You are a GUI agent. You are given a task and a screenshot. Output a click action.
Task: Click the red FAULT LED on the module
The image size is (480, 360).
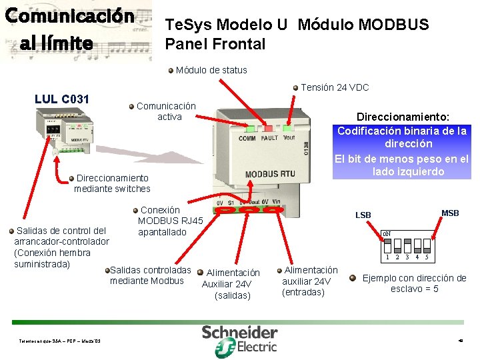pos(269,128)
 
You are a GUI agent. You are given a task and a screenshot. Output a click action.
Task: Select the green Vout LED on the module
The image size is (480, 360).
pos(288,127)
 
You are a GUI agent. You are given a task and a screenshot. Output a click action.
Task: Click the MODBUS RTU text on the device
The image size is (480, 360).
pos(271,174)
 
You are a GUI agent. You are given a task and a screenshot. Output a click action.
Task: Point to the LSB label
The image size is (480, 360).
pos(363,215)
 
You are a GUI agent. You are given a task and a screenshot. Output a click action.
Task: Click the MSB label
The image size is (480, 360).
pos(450,213)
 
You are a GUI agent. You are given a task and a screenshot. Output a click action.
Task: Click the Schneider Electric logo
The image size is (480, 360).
pos(240,339)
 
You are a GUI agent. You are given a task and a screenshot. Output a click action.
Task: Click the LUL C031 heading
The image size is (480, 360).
pos(62,100)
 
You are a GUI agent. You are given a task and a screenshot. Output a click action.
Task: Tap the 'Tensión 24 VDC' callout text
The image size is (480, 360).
pos(335,87)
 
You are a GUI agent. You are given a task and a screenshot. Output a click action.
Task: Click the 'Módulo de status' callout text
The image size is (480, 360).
pos(211,70)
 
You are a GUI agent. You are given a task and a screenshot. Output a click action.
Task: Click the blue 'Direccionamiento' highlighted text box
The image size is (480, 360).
pos(402,143)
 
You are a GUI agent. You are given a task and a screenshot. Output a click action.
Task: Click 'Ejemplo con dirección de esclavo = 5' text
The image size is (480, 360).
pos(414,283)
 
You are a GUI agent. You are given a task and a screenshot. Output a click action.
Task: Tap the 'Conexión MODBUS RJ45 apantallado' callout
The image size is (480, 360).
pos(170,221)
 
